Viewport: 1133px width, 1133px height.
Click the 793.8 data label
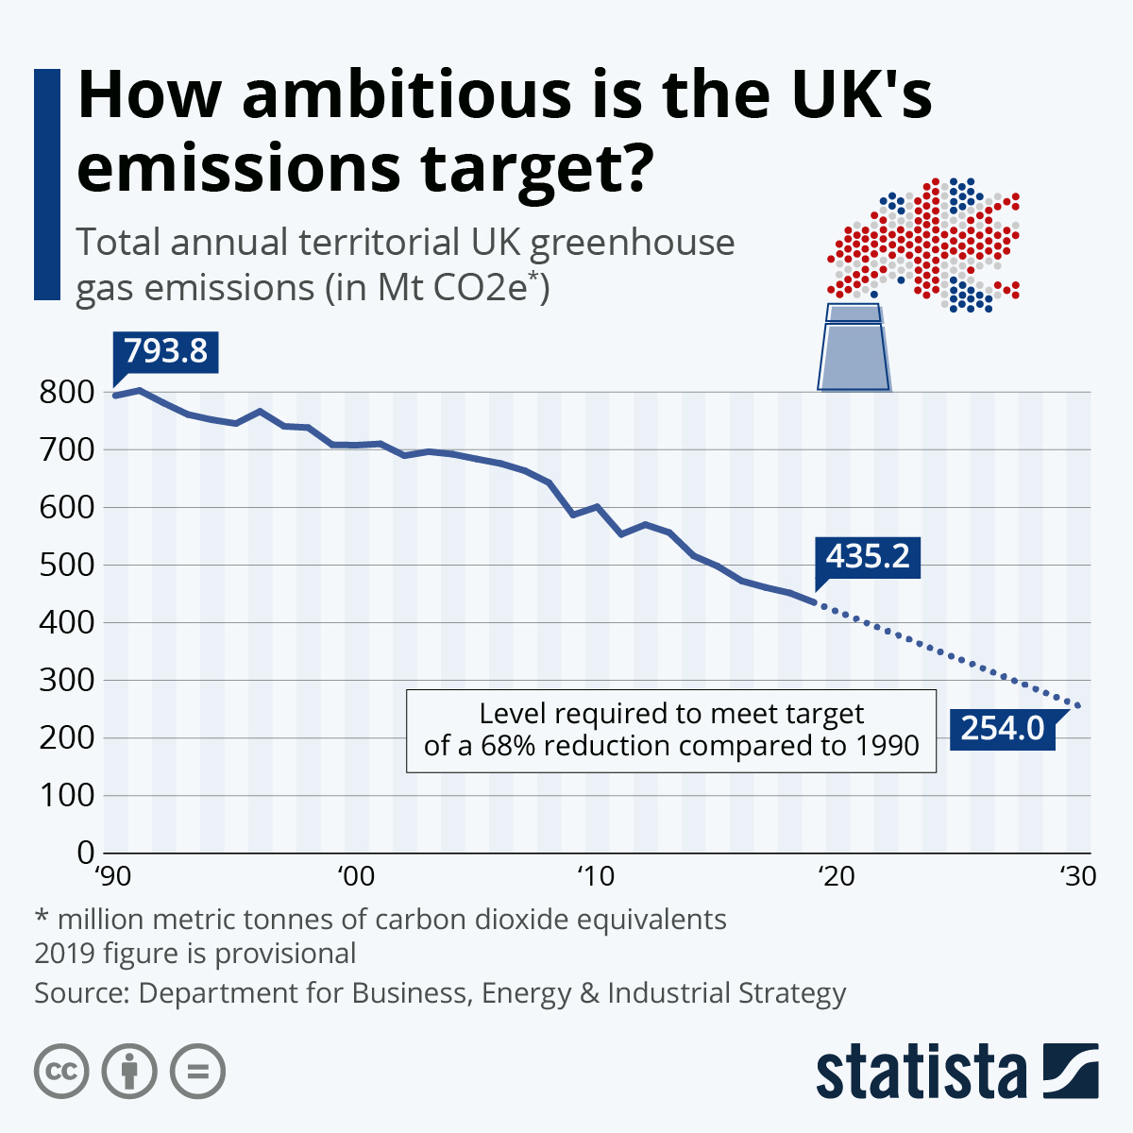coord(165,351)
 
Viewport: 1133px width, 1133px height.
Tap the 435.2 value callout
coord(868,556)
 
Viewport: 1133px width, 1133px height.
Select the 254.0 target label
coord(1002,729)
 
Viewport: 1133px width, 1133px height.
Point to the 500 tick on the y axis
coord(67,566)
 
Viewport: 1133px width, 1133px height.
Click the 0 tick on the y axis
coord(85,853)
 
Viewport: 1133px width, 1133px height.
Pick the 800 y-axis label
coord(67,393)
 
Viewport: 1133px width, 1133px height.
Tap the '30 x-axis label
coord(1075,877)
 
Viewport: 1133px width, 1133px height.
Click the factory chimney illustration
coord(854,347)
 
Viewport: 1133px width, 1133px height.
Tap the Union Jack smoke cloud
coord(925,244)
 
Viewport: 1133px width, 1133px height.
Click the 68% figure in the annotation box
coord(509,746)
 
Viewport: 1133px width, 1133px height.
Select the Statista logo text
coord(921,1074)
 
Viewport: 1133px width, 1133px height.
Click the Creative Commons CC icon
coord(61,1072)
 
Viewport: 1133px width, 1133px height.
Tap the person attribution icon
coord(129,1072)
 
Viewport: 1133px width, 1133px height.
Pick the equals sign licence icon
coord(197,1072)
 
